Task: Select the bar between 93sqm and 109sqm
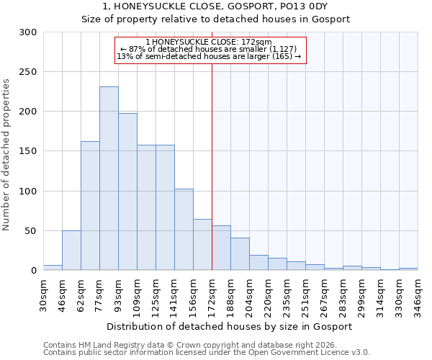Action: point(127,192)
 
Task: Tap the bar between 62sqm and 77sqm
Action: point(90,205)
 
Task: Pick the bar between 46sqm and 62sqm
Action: point(71,251)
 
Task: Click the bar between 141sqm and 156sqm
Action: point(184,230)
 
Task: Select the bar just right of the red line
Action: point(221,248)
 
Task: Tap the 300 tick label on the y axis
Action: point(28,32)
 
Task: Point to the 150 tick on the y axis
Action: point(28,151)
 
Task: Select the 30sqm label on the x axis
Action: point(43,293)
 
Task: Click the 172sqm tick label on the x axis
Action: point(212,293)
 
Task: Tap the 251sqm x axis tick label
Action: point(305,293)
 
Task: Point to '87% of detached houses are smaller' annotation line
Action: point(208,49)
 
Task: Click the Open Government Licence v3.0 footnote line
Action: point(207,353)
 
